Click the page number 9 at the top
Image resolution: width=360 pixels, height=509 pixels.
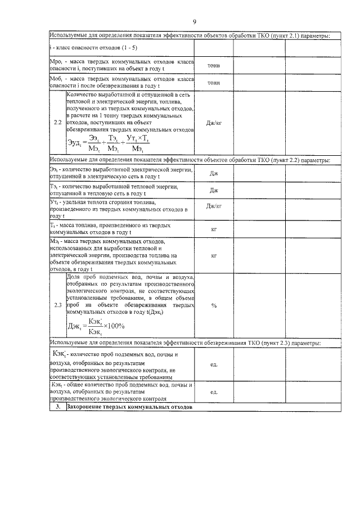194,22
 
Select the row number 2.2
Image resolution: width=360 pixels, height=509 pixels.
57,122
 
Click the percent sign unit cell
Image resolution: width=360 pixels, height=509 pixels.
214,305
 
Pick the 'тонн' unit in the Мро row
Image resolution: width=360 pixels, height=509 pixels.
214,65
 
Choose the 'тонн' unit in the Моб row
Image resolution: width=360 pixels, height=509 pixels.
214,83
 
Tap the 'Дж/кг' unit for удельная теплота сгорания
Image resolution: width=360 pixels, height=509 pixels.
214,206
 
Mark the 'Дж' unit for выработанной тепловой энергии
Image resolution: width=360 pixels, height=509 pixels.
214,190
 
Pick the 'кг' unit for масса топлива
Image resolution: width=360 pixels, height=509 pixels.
214,229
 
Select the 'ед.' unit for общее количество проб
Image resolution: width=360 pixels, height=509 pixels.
214,392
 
